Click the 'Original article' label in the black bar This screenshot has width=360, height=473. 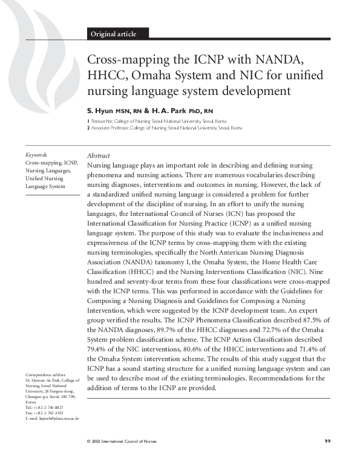113,34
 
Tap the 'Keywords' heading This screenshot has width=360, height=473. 36,155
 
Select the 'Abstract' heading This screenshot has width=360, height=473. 99,155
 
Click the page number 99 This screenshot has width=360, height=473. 327,442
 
